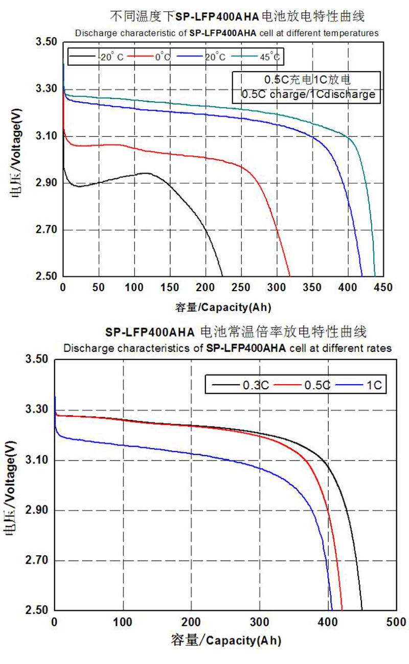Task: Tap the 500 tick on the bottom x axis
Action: [396, 622]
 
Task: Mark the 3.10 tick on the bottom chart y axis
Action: [36, 461]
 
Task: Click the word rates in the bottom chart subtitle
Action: [381, 348]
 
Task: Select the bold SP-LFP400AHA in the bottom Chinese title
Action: [150, 332]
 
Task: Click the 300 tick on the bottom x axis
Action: [260, 622]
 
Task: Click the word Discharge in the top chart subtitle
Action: [92, 33]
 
